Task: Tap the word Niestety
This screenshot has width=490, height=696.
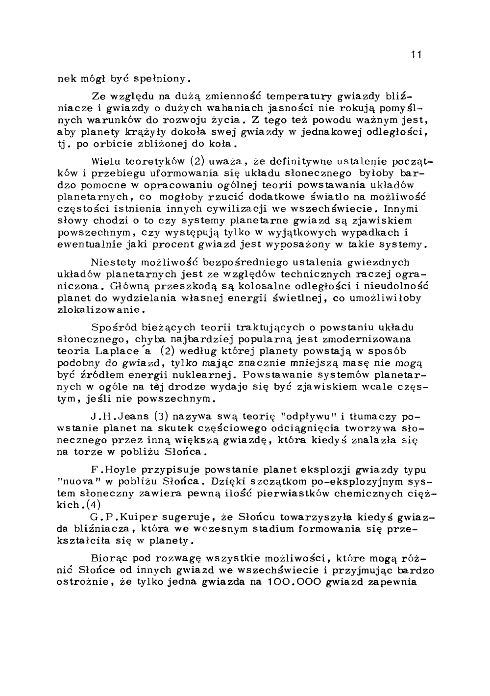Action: (x=110, y=263)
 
